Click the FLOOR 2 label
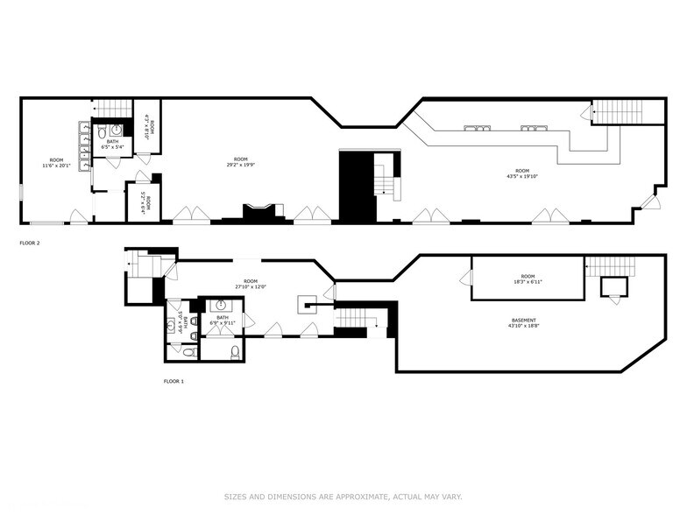click(x=29, y=243)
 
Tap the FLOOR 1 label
click(x=174, y=381)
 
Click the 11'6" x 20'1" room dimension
click(x=56, y=166)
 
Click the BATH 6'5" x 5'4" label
click(x=112, y=144)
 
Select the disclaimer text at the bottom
click(x=343, y=497)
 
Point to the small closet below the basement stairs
click(x=613, y=286)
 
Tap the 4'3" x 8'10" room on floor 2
click(x=148, y=128)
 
